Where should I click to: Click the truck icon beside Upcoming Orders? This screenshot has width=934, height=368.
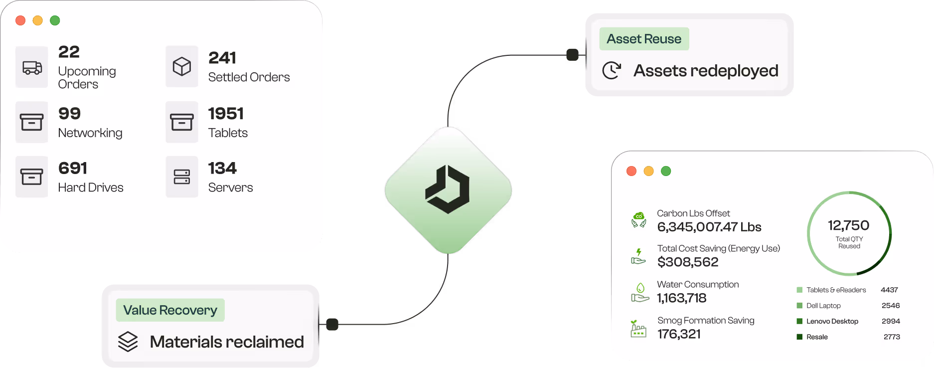click(x=32, y=67)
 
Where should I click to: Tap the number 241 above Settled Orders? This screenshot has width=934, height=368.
click(x=222, y=58)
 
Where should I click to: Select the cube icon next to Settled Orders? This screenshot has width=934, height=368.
click(x=182, y=66)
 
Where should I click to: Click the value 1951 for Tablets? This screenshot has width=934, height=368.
click(x=226, y=114)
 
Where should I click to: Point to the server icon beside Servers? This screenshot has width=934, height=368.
click(x=182, y=177)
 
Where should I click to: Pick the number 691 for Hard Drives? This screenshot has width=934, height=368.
click(x=73, y=169)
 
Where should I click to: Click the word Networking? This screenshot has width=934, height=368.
click(x=90, y=133)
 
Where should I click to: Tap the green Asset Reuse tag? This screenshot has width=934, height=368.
click(x=644, y=39)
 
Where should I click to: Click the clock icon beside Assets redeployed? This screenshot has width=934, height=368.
click(x=612, y=70)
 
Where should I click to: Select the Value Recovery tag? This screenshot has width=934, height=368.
click(x=170, y=310)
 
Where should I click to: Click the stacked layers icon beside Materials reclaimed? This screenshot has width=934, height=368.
click(x=128, y=342)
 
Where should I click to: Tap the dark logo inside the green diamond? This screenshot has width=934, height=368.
click(x=448, y=189)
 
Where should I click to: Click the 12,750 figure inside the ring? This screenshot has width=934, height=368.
click(x=848, y=225)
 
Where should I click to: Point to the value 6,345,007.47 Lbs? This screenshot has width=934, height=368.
click(x=709, y=227)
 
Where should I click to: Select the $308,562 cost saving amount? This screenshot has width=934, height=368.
click(x=688, y=262)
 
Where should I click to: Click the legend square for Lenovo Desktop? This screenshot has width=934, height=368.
click(x=799, y=321)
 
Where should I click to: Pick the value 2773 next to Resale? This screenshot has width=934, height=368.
click(x=892, y=337)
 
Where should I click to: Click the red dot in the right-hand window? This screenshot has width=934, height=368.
click(x=631, y=171)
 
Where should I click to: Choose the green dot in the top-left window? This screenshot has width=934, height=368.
click(x=55, y=20)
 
